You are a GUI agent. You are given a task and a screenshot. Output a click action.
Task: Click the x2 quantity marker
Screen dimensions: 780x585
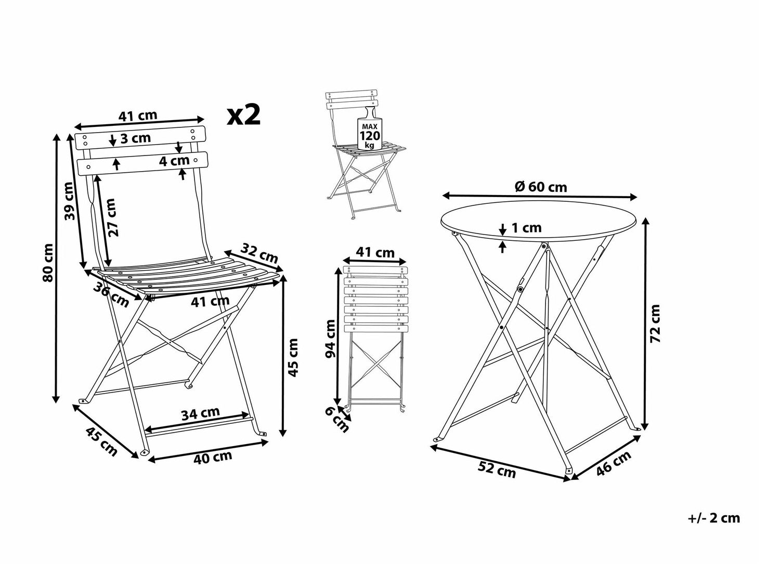[244, 115]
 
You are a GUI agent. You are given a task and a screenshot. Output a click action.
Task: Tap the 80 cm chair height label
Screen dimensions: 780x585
[48, 263]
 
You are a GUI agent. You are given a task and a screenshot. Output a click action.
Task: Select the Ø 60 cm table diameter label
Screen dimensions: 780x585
[541, 187]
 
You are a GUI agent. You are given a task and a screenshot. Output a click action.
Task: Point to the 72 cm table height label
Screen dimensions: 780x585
[655, 323]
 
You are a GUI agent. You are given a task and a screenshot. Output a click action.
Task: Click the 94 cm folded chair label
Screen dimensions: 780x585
[331, 339]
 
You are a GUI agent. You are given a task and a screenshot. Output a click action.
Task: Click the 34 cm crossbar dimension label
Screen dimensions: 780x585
[200, 413]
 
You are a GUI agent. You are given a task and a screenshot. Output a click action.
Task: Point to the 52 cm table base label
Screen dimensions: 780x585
[497, 470]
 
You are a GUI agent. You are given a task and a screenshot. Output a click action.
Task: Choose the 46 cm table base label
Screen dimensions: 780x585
[614, 463]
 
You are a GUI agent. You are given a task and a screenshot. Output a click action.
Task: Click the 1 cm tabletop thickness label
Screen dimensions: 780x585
[526, 228]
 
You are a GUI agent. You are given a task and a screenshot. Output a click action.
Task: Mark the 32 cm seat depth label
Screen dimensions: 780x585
[259, 253]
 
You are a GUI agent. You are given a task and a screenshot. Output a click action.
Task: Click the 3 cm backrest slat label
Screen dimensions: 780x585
[136, 138]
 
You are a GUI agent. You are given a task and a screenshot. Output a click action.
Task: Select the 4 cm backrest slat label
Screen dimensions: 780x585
[174, 161]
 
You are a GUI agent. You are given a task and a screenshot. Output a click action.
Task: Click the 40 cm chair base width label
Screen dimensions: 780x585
[213, 457]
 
